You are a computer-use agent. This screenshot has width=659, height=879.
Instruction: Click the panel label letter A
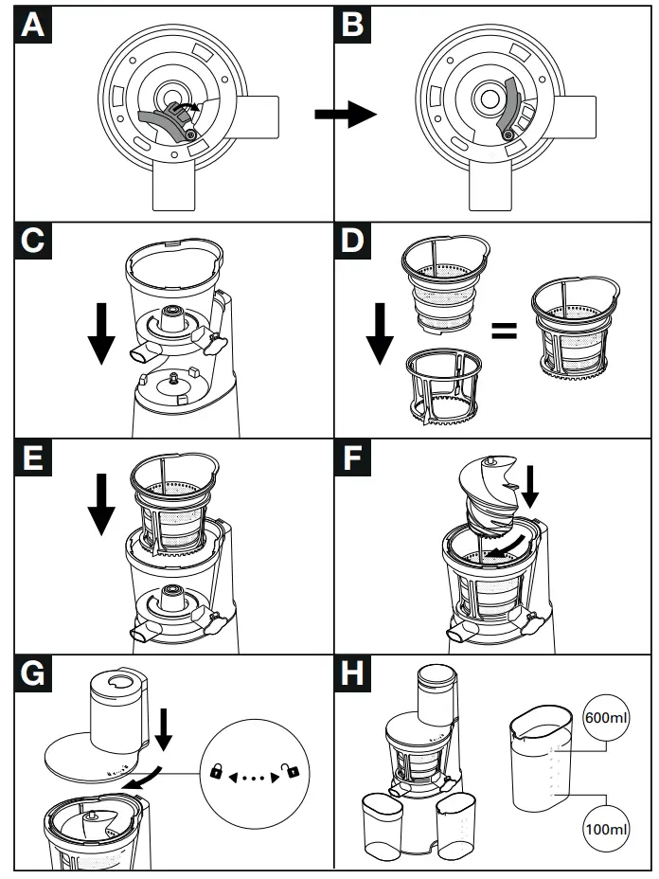click(x=33, y=26)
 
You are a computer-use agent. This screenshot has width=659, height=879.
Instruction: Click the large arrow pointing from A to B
click(x=346, y=116)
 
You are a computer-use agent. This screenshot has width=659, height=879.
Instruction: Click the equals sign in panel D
click(x=503, y=332)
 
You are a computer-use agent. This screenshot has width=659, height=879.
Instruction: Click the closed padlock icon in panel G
click(x=215, y=773)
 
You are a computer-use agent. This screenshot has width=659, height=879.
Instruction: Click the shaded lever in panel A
click(x=163, y=121)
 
